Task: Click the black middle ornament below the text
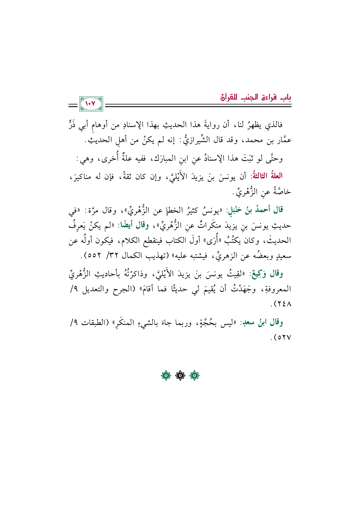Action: [x=180, y=376]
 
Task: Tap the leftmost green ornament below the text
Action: [x=166, y=376]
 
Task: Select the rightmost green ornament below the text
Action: [x=194, y=376]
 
